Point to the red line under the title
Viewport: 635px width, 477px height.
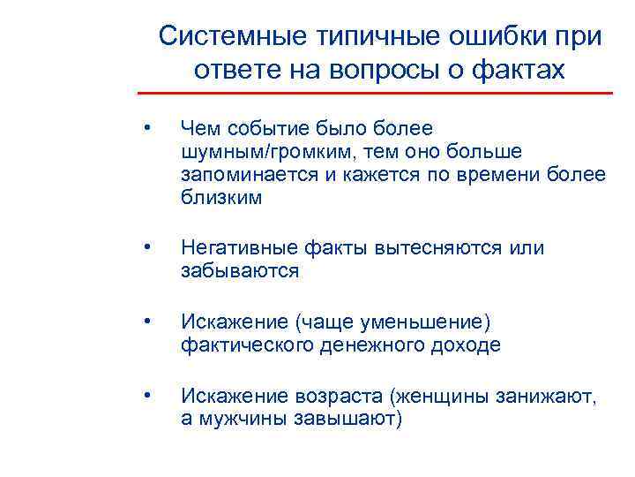tap(375, 92)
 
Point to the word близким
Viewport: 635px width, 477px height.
tap(221, 197)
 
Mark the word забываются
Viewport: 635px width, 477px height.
tap(240, 271)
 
